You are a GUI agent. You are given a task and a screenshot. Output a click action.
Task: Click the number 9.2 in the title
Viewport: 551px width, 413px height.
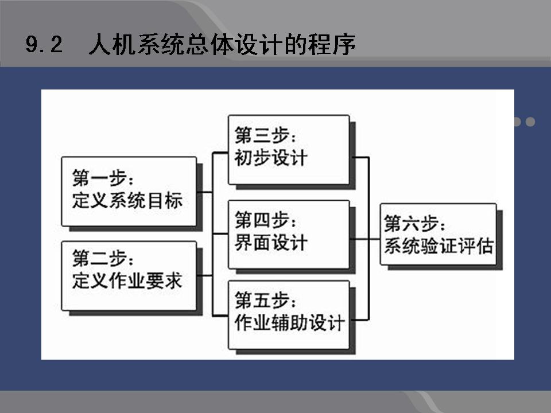pyautogui.click(x=44, y=45)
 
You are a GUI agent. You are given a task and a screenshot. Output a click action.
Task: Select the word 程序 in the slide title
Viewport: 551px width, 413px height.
pyautogui.click(x=332, y=45)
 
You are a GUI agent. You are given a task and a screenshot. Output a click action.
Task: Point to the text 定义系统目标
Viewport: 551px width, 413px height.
pyautogui.click(x=127, y=201)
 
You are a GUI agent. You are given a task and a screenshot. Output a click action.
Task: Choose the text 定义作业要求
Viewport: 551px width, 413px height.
pyautogui.click(x=127, y=280)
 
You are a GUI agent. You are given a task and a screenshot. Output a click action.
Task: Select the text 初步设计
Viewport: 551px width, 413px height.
pyautogui.click(x=271, y=158)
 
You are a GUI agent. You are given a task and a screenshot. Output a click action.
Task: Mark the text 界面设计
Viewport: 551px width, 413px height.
pyautogui.click(x=271, y=243)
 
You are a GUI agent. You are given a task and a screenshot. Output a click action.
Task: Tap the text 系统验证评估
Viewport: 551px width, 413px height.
pyautogui.click(x=439, y=246)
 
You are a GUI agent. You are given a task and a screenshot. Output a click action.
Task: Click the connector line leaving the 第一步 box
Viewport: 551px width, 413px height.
pyautogui.click(x=204, y=192)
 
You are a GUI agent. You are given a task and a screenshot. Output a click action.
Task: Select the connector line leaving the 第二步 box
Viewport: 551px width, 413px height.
pyautogui.click(x=204, y=276)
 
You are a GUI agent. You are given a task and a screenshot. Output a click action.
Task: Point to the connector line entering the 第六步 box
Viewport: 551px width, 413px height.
pyautogui.click(x=374, y=239)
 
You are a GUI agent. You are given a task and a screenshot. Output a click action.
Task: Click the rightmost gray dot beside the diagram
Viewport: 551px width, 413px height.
pyautogui.click(x=530, y=122)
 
